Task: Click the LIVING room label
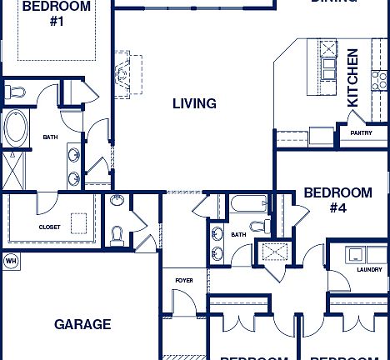194,104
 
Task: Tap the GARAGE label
82,324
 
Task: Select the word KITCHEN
352,77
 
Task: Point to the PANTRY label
361,132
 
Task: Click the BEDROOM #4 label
337,201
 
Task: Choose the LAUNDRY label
369,269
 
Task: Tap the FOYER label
183,280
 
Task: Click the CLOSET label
49,226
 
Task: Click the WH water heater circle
11,261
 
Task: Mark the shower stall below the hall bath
272,251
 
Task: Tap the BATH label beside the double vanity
50,137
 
